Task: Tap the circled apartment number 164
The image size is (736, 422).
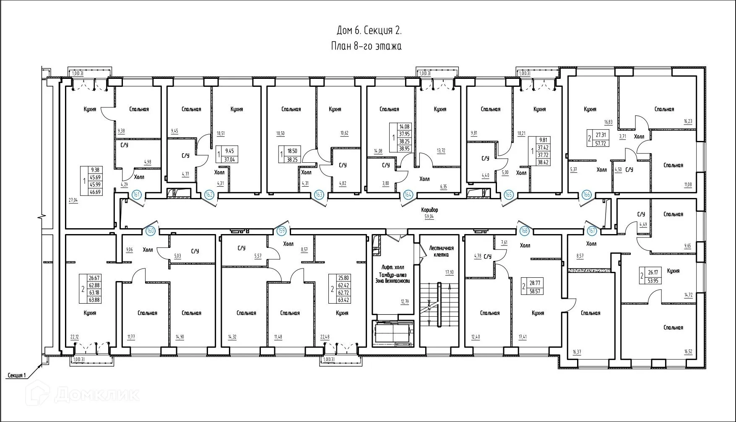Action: [x=408, y=195]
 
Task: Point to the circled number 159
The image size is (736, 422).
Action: [x=282, y=230]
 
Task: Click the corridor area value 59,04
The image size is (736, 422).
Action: [x=430, y=217]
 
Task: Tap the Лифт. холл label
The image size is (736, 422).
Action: [x=393, y=267]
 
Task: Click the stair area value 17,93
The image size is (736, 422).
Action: [x=449, y=272]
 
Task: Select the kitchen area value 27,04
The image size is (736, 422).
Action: [x=73, y=201]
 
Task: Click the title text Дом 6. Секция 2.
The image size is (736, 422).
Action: [x=369, y=31]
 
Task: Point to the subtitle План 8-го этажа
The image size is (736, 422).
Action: [x=366, y=46]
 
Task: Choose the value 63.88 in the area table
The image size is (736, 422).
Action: [x=94, y=300]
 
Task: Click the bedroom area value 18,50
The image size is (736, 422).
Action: [x=281, y=133]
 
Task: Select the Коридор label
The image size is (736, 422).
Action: [x=430, y=210]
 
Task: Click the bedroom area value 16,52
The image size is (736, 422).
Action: [x=688, y=352]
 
